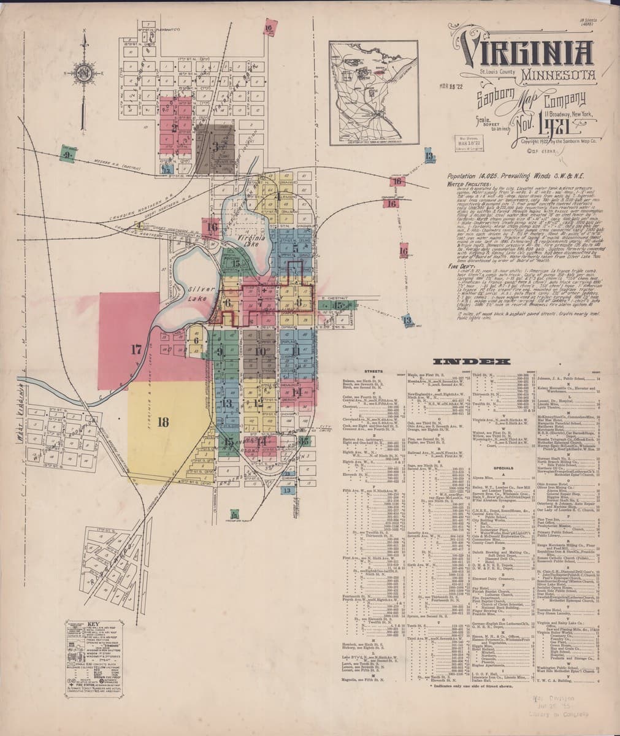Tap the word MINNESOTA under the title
click(x=559, y=77)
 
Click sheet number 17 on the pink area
click(x=136, y=350)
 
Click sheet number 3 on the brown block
click(x=215, y=147)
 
